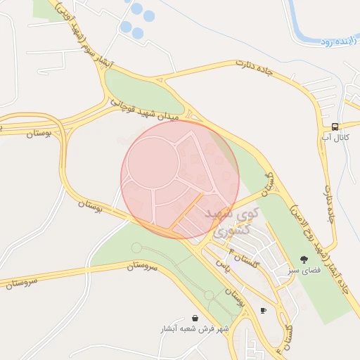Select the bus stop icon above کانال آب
(335, 127)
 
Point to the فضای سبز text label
(303, 269)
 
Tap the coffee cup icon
(264, 310)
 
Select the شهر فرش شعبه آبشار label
(194, 328)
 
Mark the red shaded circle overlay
(180, 179)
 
